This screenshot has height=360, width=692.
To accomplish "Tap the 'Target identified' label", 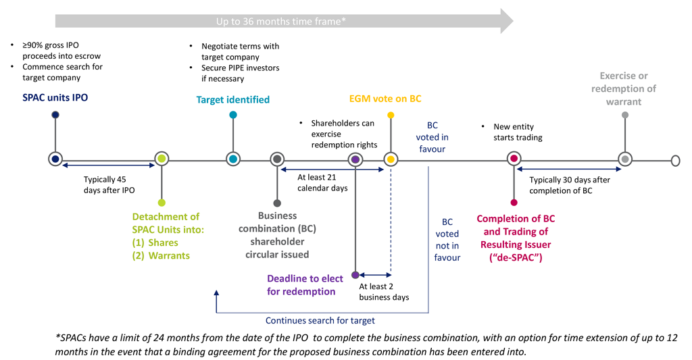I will point(232,100).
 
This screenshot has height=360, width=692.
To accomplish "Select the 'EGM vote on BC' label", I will point(385,99).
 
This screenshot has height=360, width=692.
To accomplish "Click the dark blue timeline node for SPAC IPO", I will point(55,159).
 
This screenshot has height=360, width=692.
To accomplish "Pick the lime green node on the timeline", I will point(161,159).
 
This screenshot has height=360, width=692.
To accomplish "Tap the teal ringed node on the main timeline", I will point(232,159).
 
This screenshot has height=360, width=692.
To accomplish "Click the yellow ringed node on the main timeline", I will point(390,159).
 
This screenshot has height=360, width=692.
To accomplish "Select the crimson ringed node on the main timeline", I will point(514,159).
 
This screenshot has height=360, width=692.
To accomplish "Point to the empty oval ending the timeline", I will point(675,160).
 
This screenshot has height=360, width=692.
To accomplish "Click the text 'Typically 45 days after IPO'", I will point(109,185).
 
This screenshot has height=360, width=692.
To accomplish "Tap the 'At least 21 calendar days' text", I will point(322,182).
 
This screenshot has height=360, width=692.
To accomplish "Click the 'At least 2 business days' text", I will point(384,292).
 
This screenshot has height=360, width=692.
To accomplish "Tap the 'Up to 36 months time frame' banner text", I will point(281,22).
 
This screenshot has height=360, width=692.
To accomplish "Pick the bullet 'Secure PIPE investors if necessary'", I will point(240,73).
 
